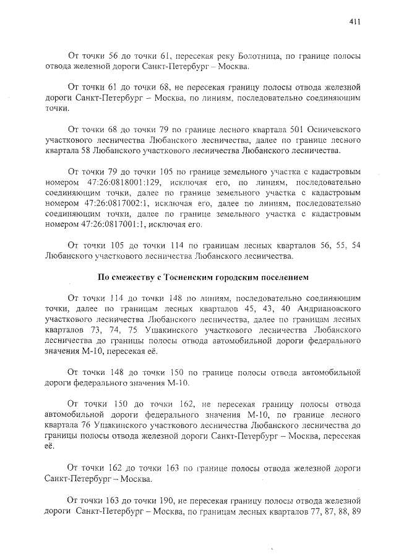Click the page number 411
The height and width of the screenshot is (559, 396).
[x=354, y=22]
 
